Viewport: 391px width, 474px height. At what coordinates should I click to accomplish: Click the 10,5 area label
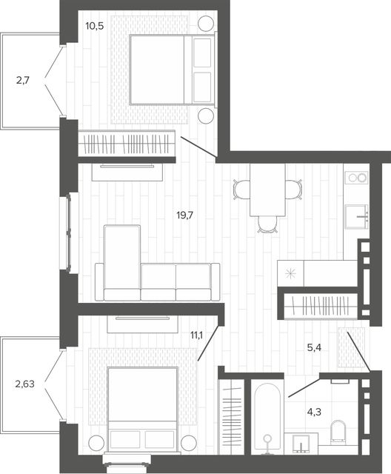(x=95, y=27)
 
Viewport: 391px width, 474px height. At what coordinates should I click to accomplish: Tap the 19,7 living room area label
(x=185, y=216)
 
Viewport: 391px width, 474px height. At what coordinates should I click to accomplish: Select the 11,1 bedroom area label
(x=197, y=335)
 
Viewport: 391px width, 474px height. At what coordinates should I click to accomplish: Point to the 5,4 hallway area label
(x=314, y=348)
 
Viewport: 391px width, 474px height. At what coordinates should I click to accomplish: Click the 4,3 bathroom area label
(x=314, y=412)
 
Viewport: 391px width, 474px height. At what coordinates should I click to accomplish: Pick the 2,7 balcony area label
(x=23, y=81)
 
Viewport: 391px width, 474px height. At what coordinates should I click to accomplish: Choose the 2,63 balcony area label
(x=24, y=384)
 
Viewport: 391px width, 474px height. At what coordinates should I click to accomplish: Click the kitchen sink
(x=356, y=217)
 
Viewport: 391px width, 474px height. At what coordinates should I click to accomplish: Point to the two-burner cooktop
(x=357, y=178)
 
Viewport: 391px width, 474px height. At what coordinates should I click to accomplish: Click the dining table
(x=268, y=190)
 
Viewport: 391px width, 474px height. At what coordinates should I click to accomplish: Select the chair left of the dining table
(x=241, y=190)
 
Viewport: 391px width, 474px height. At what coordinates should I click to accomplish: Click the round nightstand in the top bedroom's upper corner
(x=206, y=23)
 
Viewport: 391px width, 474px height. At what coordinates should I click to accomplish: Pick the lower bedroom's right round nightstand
(x=189, y=443)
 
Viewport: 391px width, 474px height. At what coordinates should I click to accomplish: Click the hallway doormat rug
(x=351, y=347)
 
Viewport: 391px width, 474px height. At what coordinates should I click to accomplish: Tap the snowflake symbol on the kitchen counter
(x=291, y=273)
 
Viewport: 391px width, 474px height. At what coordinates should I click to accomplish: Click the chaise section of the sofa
(x=122, y=262)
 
